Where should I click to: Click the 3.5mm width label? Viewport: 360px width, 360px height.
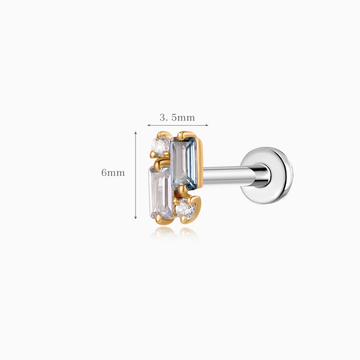[177, 118]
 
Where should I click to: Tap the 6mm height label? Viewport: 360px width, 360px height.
[113, 172]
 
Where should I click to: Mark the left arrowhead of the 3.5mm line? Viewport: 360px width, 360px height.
[148, 125]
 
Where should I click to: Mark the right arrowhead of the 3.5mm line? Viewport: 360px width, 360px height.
[207, 125]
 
